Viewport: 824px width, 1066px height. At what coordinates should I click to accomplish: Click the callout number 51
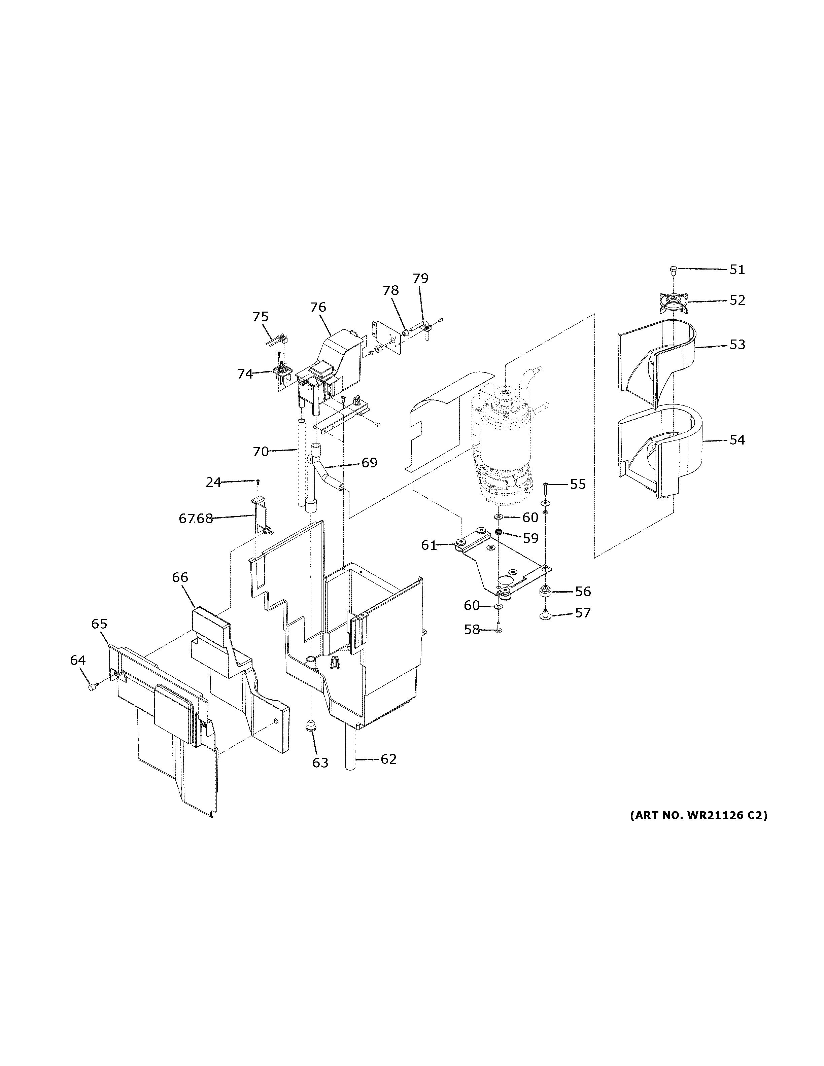point(737,270)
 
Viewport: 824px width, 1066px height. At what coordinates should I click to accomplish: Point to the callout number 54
point(737,440)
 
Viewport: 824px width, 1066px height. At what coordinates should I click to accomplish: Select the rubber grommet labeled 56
point(544,591)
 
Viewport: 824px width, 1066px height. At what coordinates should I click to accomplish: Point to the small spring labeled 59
point(499,532)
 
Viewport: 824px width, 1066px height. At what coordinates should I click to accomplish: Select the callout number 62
point(388,759)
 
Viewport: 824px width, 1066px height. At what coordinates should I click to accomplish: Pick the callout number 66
point(180,577)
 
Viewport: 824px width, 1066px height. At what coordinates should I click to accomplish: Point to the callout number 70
point(261,452)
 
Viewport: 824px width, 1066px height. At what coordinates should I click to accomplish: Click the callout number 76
point(318,308)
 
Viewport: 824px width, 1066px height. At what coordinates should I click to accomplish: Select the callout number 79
point(420,278)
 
